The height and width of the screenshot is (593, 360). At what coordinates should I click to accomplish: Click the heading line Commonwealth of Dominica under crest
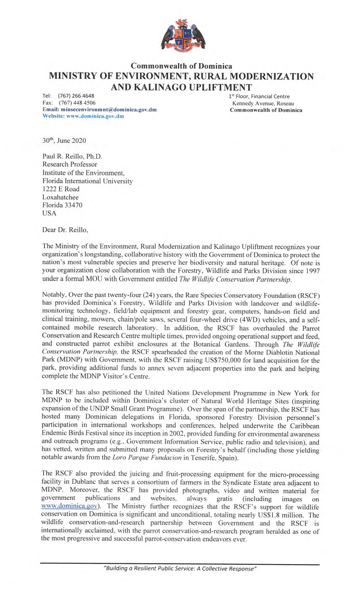pyautogui.click(x=181, y=66)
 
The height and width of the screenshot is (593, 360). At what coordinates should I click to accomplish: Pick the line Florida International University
pyautogui.click(x=88, y=181)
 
